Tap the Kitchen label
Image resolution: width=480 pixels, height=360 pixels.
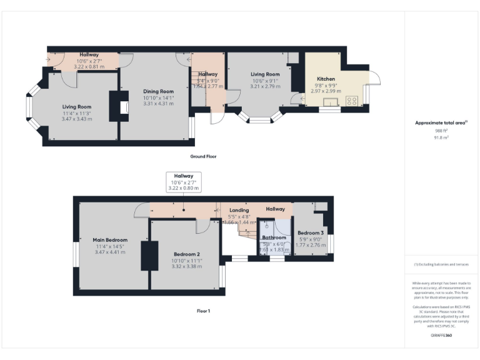tap(326, 79)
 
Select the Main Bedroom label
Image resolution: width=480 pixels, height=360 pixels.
tap(110, 240)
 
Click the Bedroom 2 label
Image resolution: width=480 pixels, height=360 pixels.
tap(186, 254)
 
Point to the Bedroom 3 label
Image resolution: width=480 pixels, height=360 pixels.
tap(310, 232)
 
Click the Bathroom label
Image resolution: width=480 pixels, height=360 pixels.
tap(274, 237)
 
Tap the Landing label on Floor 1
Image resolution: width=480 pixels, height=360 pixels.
tap(239, 211)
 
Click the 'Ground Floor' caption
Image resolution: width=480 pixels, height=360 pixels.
tap(204, 156)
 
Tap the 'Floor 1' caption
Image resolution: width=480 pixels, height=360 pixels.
tap(204, 311)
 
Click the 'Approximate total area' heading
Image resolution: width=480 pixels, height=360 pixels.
tap(441, 123)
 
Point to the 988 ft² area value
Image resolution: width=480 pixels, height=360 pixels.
tap(441, 131)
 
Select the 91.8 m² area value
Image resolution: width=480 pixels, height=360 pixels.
tap(441, 137)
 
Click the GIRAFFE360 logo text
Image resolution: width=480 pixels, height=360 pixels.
tap(441, 336)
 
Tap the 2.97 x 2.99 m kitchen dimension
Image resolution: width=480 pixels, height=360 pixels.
tap(326, 91)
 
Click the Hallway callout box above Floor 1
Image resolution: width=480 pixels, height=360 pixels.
tap(184, 182)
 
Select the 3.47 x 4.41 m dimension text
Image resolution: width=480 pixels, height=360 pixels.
tap(110, 252)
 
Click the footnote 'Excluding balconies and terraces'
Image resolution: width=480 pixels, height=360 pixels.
tap(441, 265)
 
